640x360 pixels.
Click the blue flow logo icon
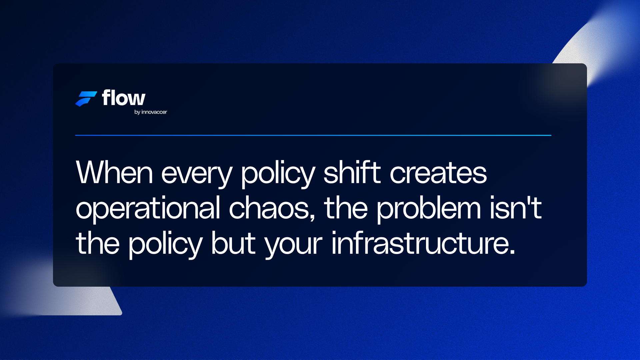click(86, 99)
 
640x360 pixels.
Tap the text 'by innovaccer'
click(151, 112)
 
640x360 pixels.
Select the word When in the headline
click(114, 173)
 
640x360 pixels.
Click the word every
click(197, 174)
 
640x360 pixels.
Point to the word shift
click(352, 173)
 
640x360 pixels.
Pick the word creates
click(438, 173)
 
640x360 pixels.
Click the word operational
click(148, 209)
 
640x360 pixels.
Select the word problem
click(429, 209)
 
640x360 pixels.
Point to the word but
click(233, 243)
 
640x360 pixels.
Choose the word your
click(293, 245)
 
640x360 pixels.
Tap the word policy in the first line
click(278, 174)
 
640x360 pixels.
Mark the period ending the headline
click(512, 252)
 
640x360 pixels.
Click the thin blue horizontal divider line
click(313, 135)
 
